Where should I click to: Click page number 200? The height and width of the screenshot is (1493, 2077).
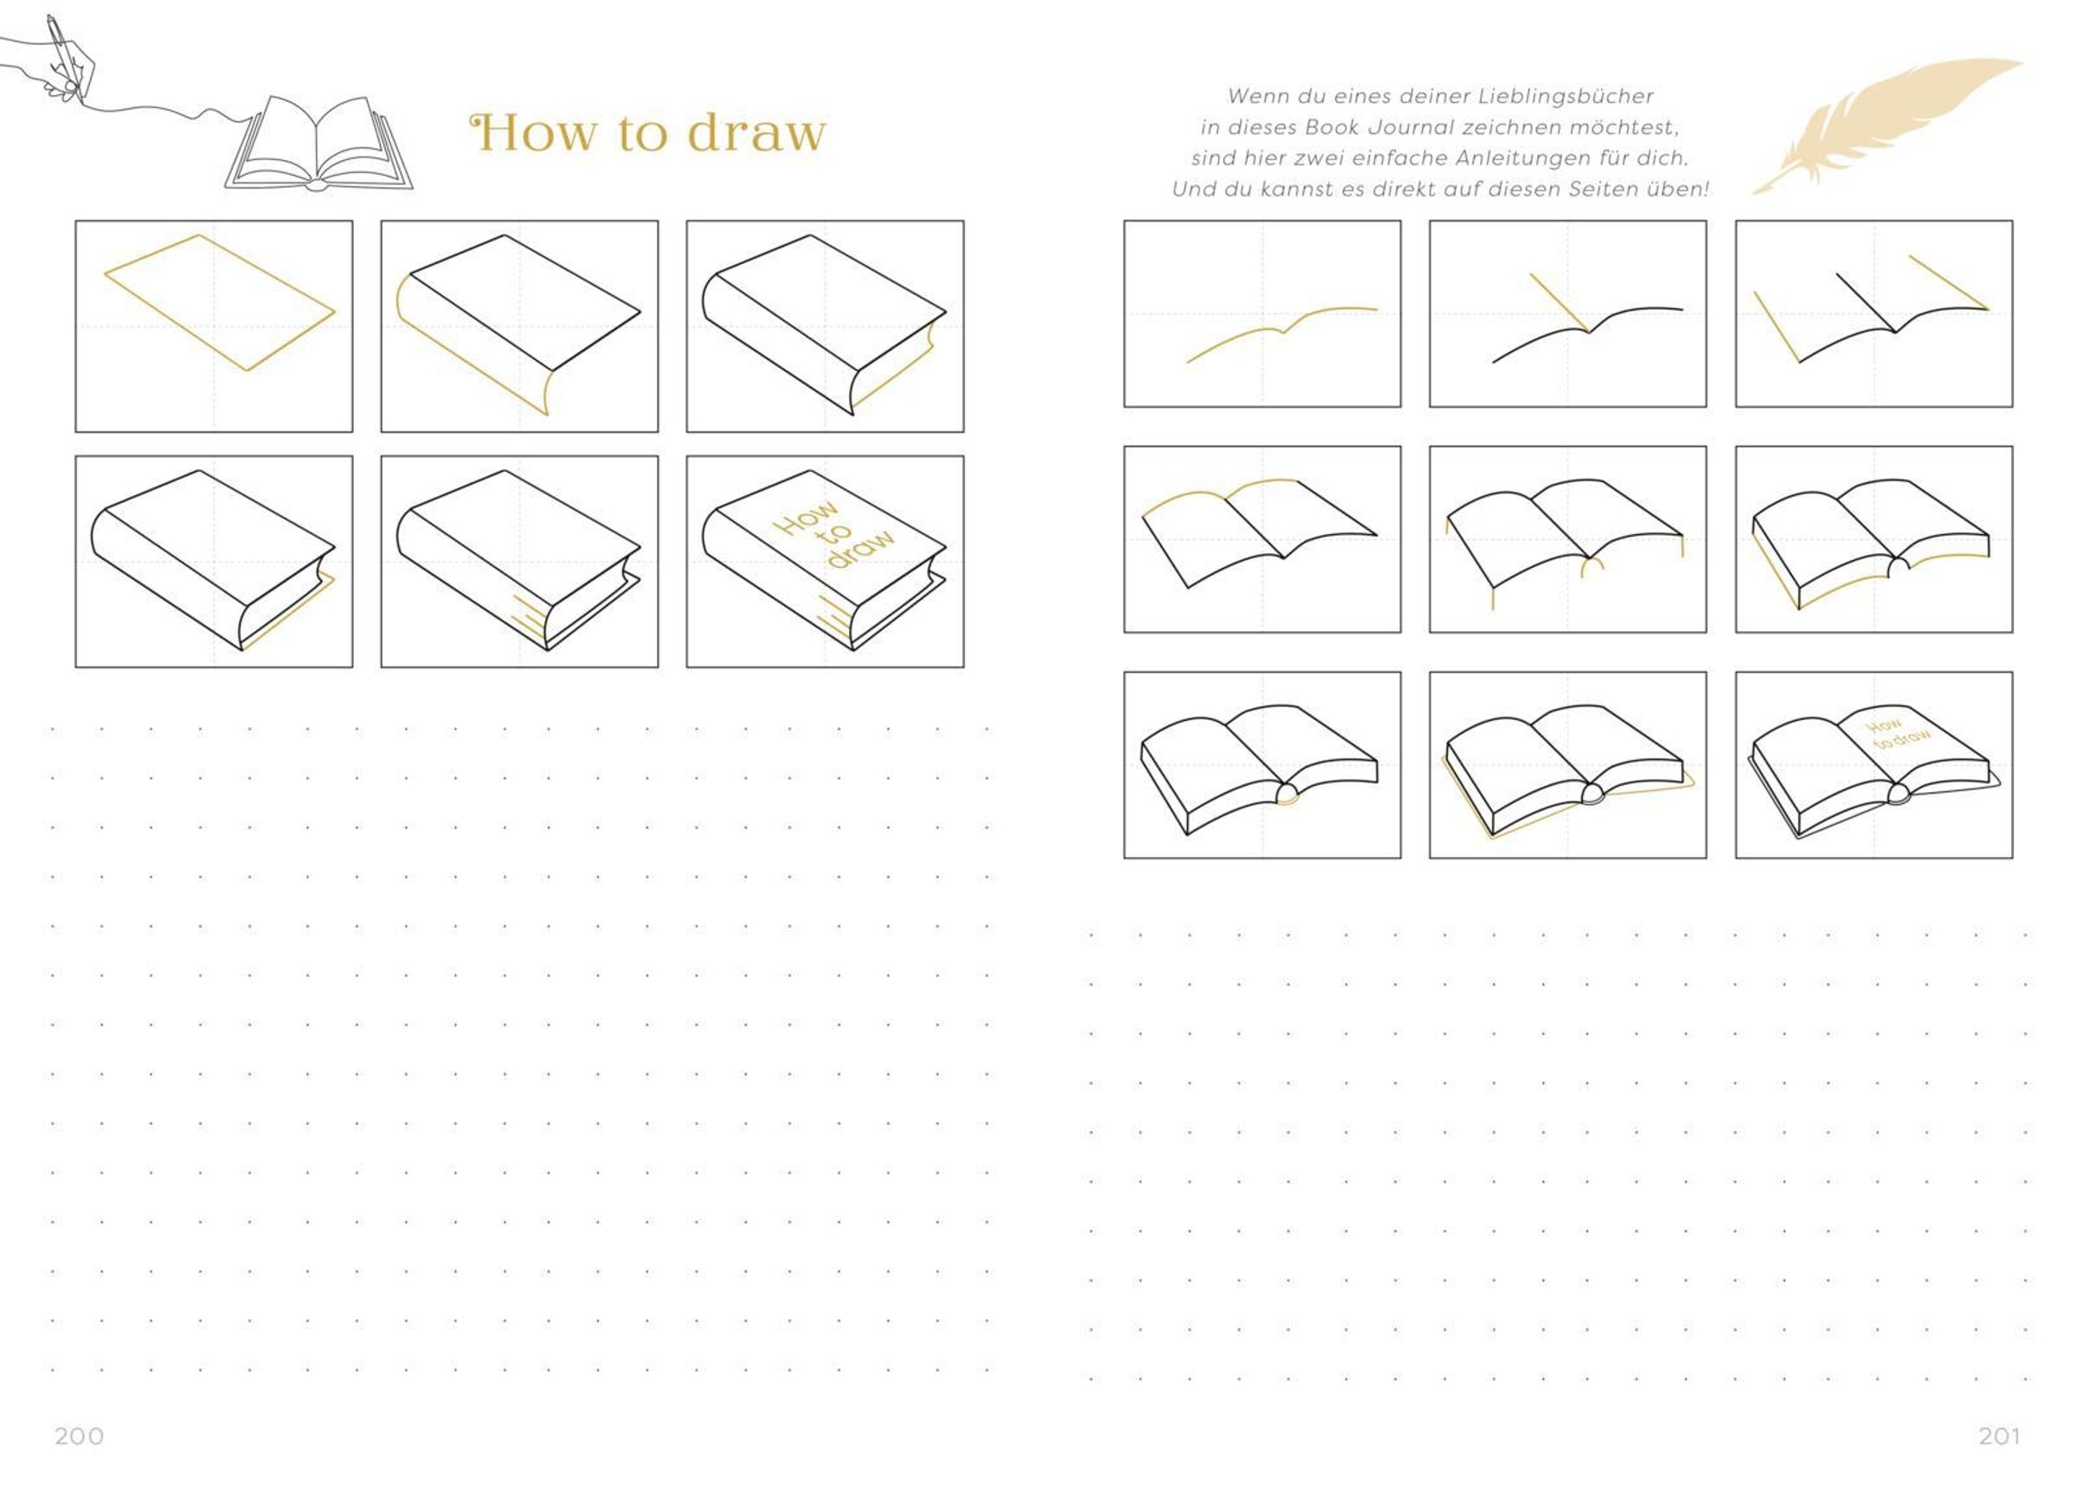point(80,1435)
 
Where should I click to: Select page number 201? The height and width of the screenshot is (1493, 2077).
point(1999,1435)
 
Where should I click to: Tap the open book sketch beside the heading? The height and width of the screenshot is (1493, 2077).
point(318,144)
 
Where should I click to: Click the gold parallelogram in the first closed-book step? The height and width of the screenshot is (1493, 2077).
point(220,302)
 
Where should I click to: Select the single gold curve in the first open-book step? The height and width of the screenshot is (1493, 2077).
point(1282,331)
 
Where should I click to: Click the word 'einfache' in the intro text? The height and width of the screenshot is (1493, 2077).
point(1398,158)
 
